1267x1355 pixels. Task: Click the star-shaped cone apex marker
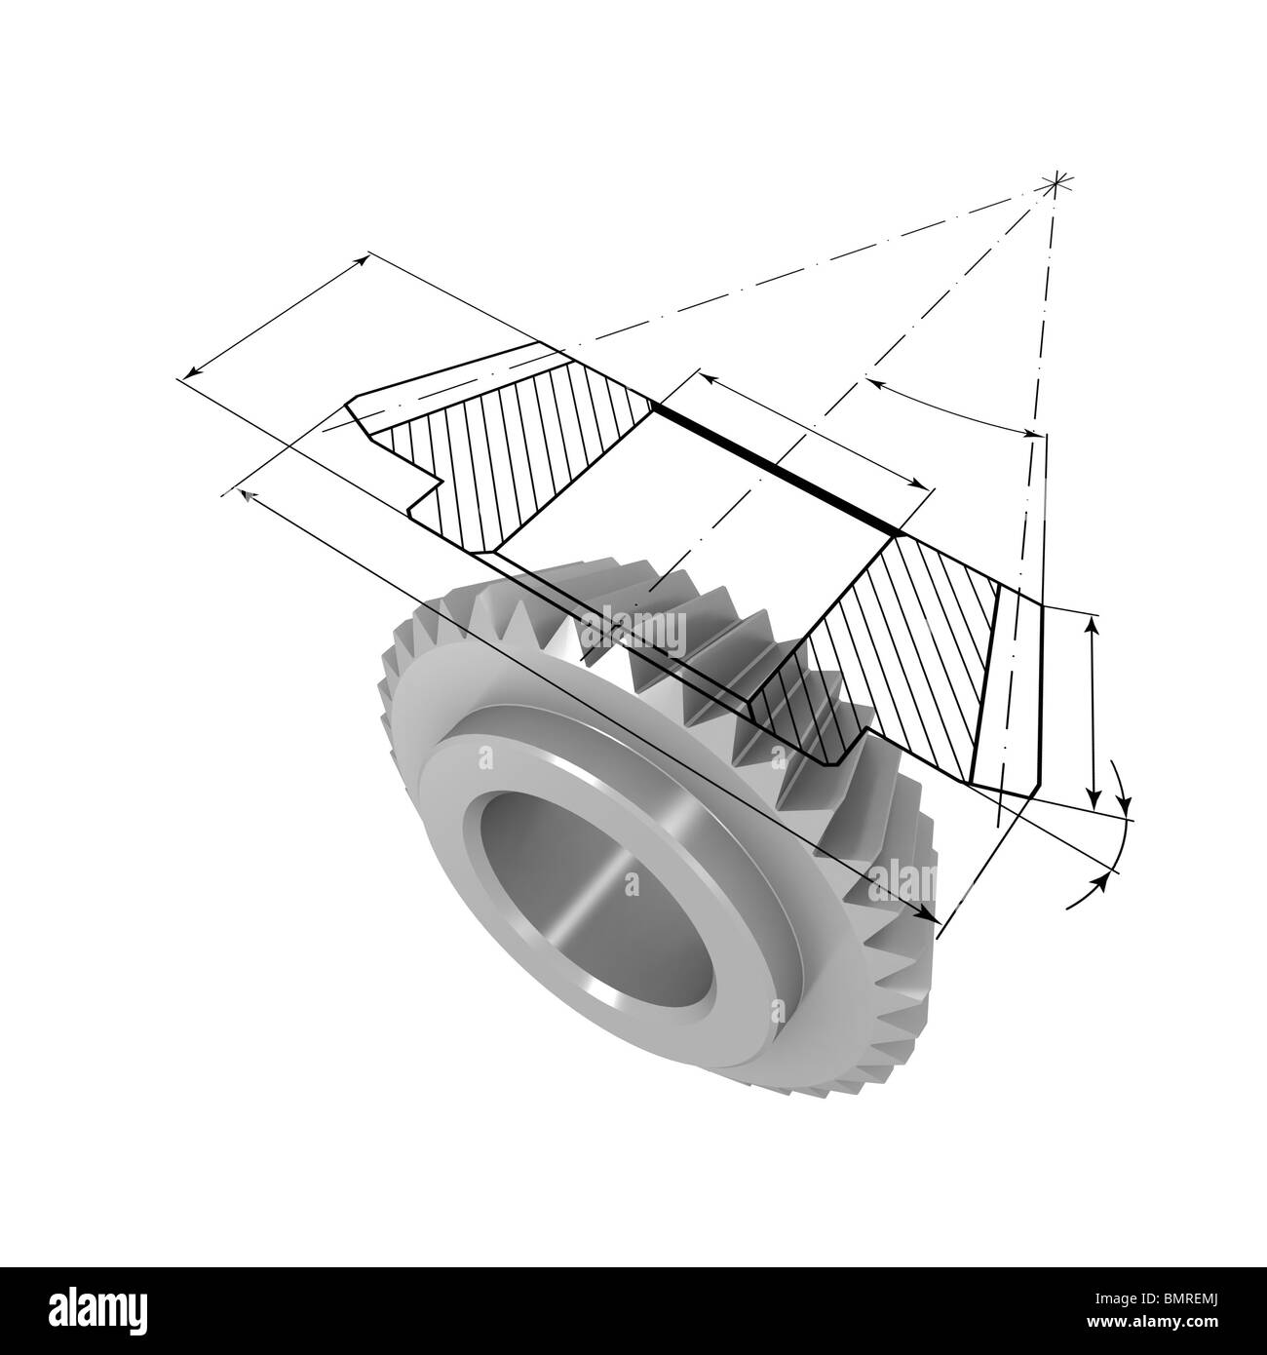(1055, 183)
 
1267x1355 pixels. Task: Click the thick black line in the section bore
(776, 468)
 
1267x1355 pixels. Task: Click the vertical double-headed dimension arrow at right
(1093, 711)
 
